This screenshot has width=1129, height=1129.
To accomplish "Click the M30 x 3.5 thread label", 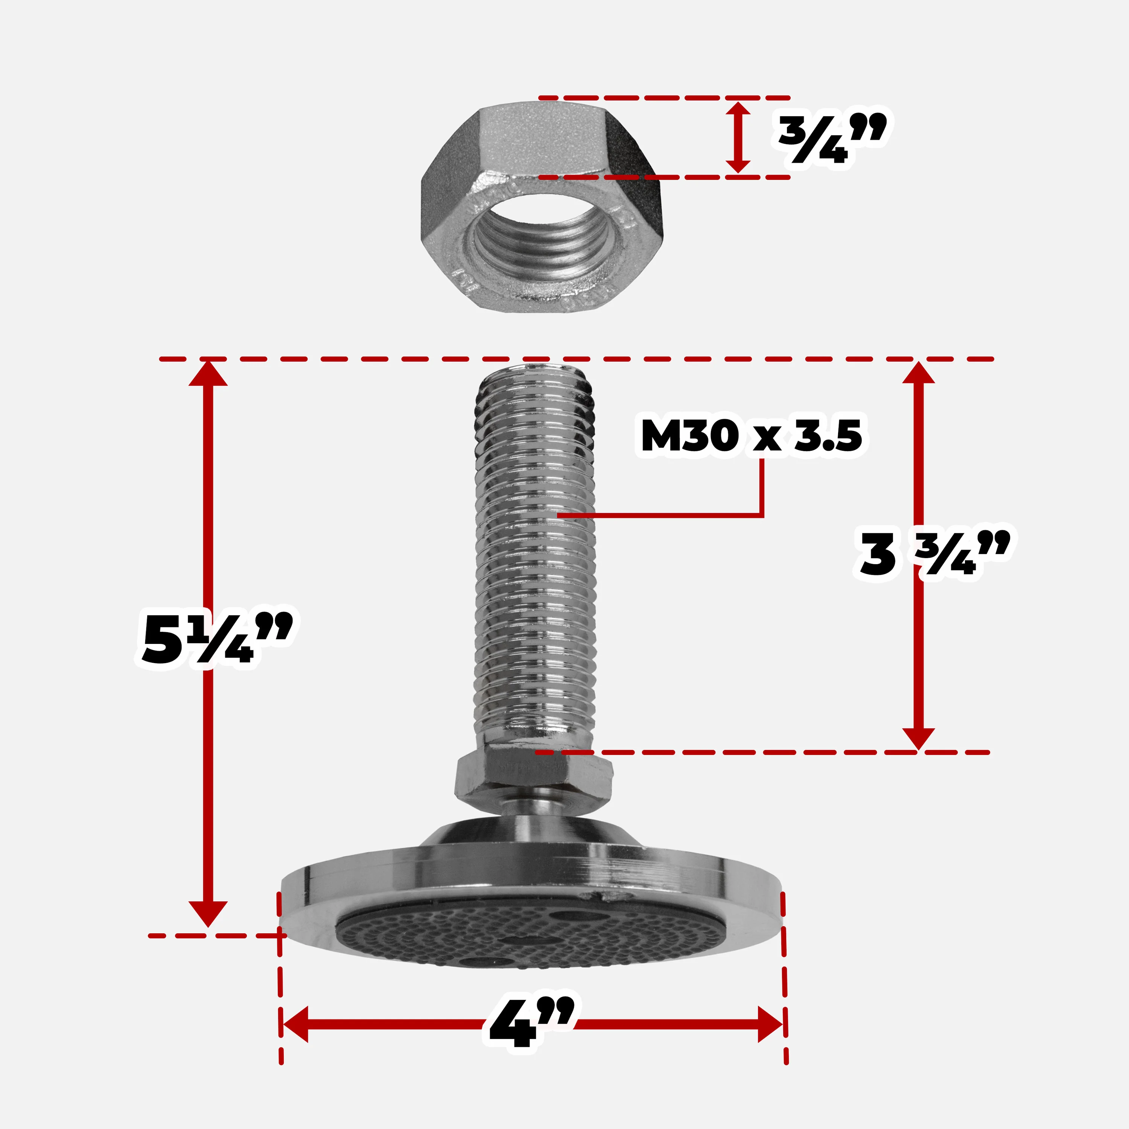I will pos(751,435).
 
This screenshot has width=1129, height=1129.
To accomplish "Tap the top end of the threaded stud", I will pos(535,369).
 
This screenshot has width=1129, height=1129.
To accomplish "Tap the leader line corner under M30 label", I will pos(762,516).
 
